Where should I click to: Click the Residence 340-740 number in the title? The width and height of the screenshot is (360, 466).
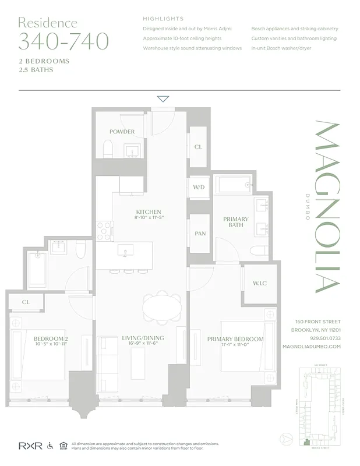63,42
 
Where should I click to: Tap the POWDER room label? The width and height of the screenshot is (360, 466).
122,132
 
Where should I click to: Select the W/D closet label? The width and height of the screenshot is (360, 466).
198,188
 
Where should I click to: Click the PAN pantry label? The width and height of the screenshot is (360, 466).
200,234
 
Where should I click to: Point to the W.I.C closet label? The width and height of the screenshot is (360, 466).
259,284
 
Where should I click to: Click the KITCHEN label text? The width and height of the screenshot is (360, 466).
149,212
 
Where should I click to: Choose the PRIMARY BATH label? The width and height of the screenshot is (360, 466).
236,223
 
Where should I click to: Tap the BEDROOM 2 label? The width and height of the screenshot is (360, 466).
51,339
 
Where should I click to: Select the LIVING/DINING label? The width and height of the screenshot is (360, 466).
143,338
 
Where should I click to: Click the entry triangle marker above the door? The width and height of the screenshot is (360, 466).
163,99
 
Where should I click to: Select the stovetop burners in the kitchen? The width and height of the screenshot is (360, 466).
105,231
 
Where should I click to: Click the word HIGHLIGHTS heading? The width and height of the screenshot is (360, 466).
163,19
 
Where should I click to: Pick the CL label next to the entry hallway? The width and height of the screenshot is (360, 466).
198,147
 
